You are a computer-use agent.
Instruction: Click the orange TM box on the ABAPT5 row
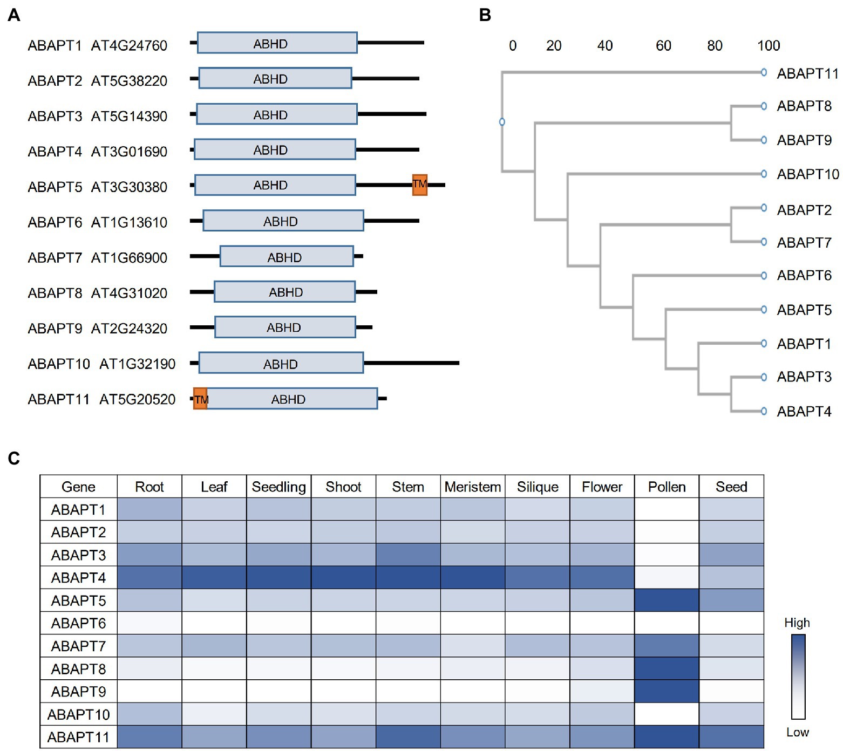[x=419, y=185]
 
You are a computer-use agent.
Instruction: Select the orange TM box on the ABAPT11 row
[x=200, y=399]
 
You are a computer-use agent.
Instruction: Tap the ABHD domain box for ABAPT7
[x=286, y=257]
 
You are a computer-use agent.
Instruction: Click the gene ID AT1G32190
[x=137, y=364]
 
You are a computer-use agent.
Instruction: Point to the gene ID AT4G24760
[x=129, y=45]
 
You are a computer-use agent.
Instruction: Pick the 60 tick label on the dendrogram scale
[x=663, y=45]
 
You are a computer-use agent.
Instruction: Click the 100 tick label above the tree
[x=769, y=45]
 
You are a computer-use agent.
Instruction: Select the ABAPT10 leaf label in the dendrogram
[x=807, y=174]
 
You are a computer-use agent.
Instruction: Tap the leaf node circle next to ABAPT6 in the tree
[x=764, y=276]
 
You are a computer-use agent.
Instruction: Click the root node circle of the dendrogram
[x=502, y=122]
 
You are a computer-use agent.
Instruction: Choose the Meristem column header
[x=473, y=487]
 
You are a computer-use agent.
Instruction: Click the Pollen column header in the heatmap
[x=667, y=487]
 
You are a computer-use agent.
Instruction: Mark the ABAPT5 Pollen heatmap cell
[x=667, y=600]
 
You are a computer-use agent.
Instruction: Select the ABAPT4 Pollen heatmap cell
[x=667, y=577]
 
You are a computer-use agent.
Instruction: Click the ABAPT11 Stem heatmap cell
[x=408, y=736]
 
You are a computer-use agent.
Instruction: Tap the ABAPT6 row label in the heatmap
[x=78, y=623]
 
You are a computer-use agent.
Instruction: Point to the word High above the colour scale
[x=797, y=623]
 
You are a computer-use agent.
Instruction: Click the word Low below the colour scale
[x=797, y=732]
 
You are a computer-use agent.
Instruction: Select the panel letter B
[x=485, y=15]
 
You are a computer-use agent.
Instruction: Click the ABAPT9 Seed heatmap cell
[x=731, y=691]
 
